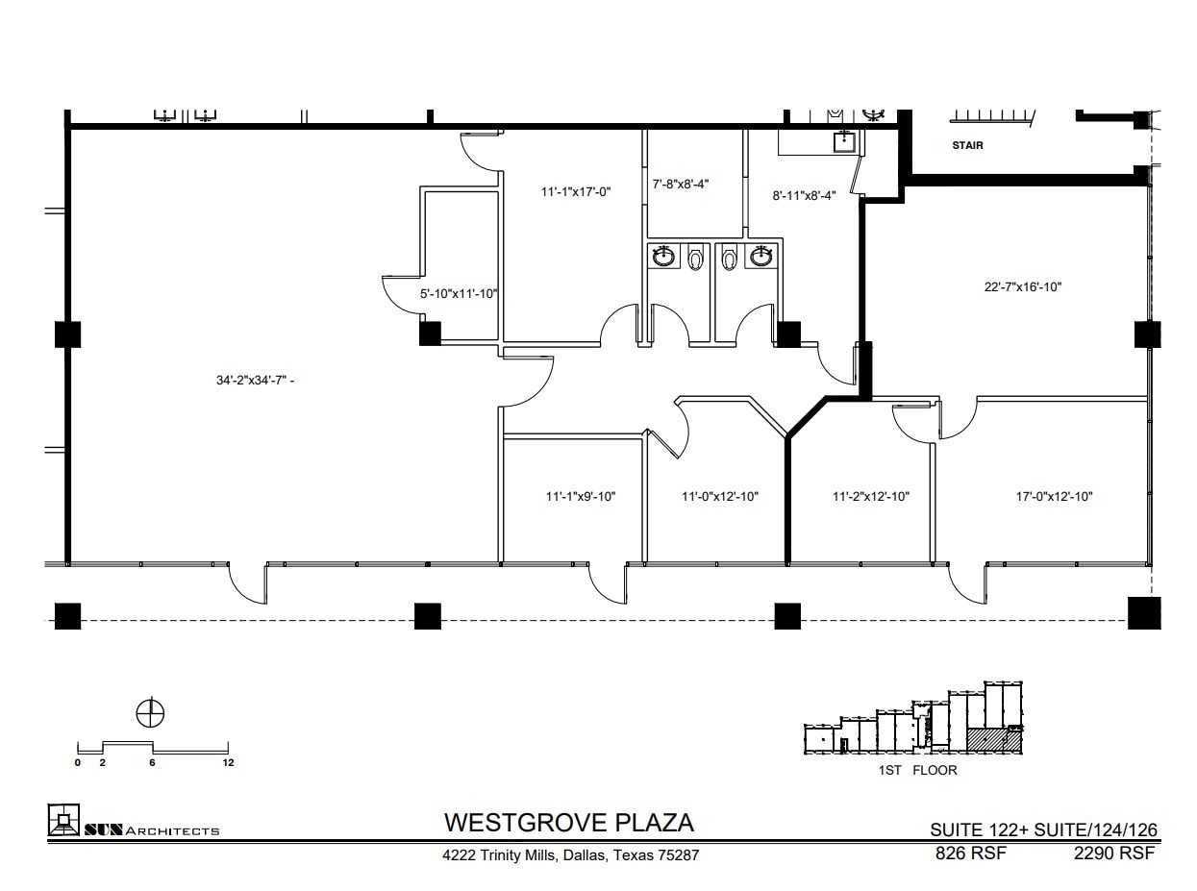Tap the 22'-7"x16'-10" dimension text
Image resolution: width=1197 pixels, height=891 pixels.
pos(1022,286)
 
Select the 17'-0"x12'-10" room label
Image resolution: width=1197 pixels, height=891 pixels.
pos(1054,497)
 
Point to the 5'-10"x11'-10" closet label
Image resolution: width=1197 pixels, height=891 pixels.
pos(459,294)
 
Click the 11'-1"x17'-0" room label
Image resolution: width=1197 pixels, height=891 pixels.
pos(576,192)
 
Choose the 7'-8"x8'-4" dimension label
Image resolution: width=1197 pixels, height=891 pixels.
pos(681,184)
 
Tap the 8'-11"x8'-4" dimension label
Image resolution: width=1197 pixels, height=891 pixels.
pos(804,195)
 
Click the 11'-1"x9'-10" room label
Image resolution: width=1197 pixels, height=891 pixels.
pos(580,497)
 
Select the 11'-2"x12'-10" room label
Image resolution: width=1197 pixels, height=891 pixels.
pos(870,497)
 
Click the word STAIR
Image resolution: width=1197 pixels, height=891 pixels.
pos(967,147)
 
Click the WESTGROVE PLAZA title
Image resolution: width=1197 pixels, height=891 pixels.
pos(568,823)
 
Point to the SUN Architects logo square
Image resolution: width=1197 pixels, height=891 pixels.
pos(63,820)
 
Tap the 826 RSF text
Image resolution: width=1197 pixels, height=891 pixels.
pos(970,853)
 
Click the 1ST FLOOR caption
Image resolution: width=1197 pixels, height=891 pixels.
pos(917,771)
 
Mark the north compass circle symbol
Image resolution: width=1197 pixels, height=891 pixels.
pos(151,713)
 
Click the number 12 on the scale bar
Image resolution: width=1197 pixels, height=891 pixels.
pos(228,763)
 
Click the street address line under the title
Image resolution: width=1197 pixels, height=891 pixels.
pos(570,854)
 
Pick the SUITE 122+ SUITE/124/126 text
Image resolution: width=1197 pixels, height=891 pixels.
pos(1043,829)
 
